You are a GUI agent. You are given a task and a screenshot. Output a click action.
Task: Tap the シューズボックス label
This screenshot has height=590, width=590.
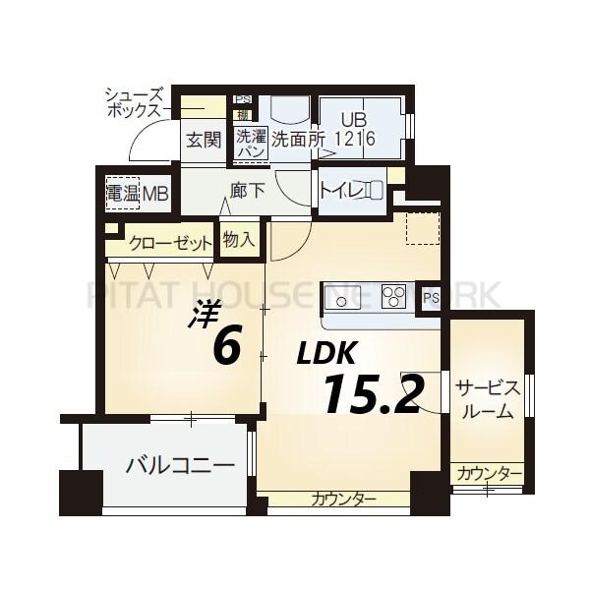pos(134,103)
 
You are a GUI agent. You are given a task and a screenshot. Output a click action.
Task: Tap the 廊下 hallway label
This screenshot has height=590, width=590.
pos(248,191)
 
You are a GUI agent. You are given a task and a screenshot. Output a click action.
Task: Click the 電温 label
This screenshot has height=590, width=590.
pos(124,193)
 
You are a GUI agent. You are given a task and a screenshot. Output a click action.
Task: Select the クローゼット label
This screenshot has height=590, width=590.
pos(169,243)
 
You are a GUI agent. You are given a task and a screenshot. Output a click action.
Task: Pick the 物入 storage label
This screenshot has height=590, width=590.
pos(239,239)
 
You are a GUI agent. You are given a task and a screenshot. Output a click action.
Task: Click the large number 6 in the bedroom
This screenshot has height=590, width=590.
pos(225,347)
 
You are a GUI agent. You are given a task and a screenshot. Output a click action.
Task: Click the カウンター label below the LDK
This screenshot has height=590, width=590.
pos(343,500)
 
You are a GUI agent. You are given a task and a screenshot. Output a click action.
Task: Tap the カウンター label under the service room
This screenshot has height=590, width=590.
pos(489,474)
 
